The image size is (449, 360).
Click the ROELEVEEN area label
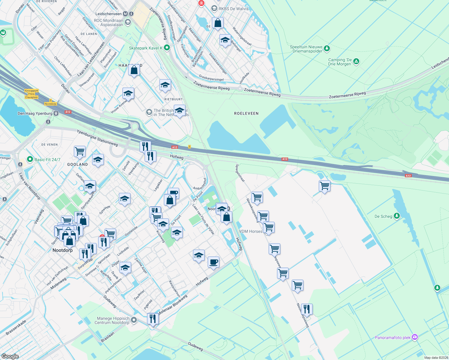coord(246,113)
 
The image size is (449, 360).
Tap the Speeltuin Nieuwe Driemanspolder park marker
coord(327,48)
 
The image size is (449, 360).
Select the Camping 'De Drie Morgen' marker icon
coord(356,61)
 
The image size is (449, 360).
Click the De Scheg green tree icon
coord(396,216)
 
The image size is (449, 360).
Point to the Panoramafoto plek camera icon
coord(415,337)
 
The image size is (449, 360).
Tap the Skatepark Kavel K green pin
coord(167,48)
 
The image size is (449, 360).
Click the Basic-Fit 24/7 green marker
coord(30,159)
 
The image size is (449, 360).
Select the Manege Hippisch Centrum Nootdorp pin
coord(134,320)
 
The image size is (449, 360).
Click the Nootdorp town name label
coord(62,250)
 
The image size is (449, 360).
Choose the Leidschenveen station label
coord(108,14)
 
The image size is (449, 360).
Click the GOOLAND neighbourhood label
coord(77,164)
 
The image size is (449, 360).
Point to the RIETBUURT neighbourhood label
coord(173,99)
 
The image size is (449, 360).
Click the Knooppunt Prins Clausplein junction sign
coord(32,94)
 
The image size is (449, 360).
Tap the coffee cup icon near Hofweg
coord(213,262)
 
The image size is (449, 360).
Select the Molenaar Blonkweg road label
coord(173,304)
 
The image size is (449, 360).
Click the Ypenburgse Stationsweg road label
coord(97,138)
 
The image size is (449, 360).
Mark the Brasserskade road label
coord(16,327)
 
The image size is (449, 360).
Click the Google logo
coord(10,356)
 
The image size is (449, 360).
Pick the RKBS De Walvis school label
coord(233,9)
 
